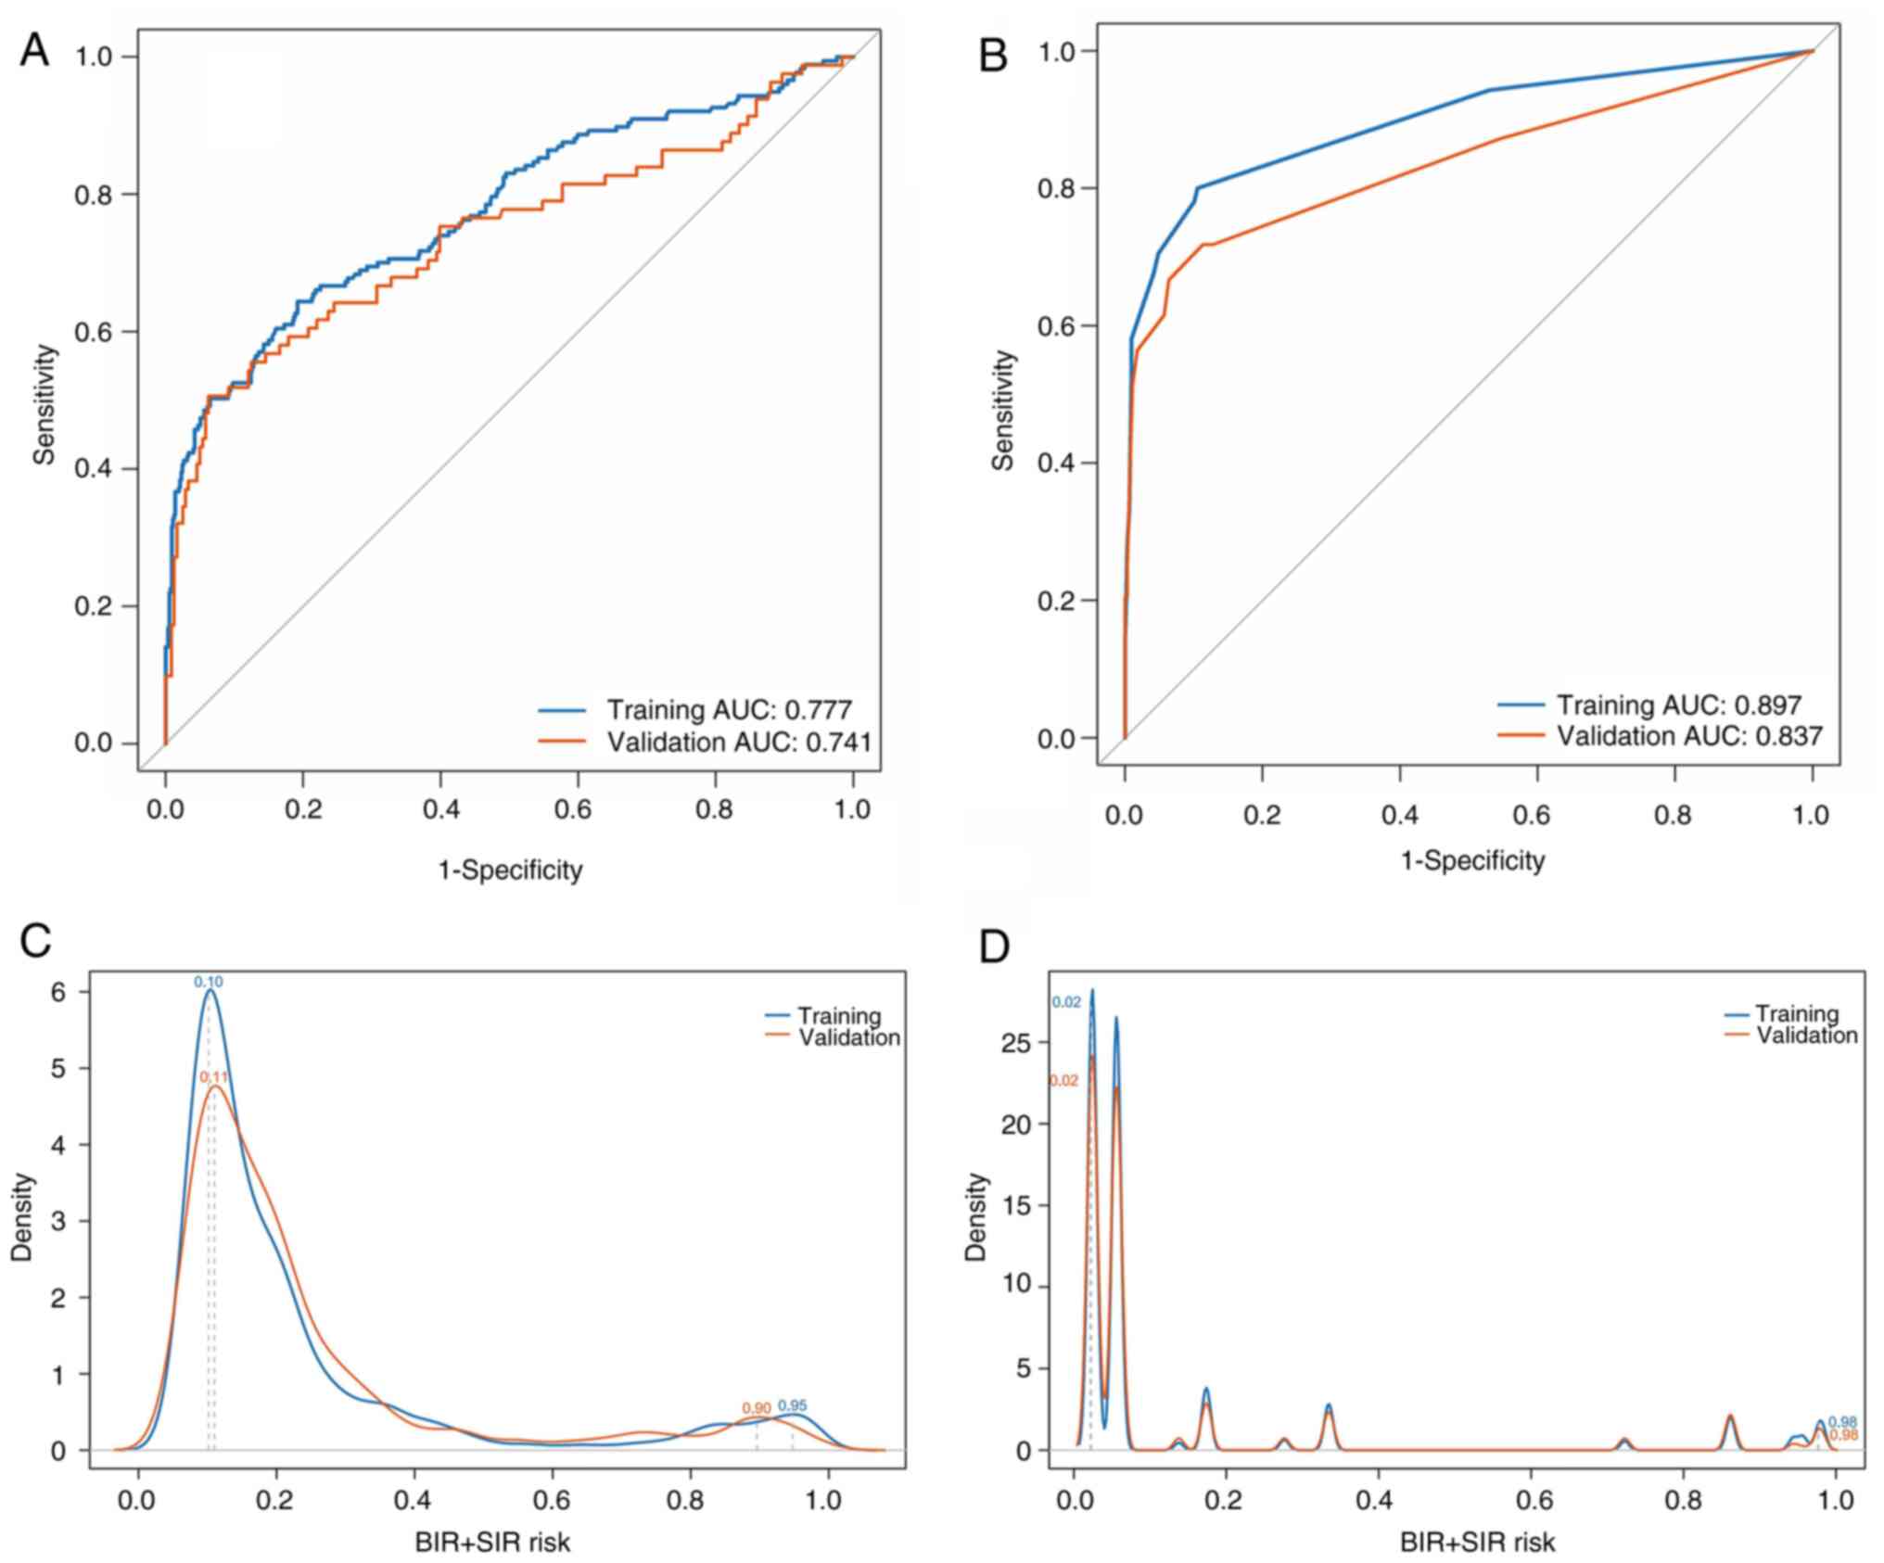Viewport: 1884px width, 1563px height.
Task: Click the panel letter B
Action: [x=994, y=57]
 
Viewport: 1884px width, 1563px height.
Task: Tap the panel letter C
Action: [x=35, y=942]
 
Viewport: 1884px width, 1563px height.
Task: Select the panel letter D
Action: [x=995, y=947]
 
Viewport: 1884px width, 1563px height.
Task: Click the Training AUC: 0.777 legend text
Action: [x=729, y=710]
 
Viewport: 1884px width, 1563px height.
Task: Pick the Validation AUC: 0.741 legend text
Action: [x=739, y=742]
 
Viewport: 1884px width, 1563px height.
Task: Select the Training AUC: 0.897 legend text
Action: [x=1678, y=705]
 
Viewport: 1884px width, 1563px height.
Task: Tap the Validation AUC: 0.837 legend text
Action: [x=1689, y=736]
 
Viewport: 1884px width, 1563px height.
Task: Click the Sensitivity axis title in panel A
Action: [x=44, y=404]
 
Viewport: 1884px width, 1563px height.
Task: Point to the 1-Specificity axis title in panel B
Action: [x=1472, y=861]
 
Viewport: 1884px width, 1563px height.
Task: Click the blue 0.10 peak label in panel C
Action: [x=209, y=982]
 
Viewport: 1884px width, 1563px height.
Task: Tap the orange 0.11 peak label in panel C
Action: [x=214, y=1077]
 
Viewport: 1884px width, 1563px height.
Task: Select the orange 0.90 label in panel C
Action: [x=757, y=1408]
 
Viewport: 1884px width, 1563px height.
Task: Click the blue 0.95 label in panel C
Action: [x=793, y=1405]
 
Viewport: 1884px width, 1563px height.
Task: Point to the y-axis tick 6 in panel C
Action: [x=58, y=992]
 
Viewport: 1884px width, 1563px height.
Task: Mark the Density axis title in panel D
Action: [x=976, y=1216]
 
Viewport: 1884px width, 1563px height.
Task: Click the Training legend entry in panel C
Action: [x=838, y=1016]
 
